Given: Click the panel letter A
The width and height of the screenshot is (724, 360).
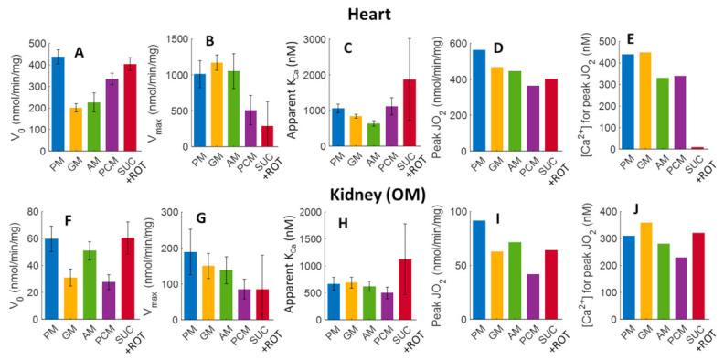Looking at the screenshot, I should point(79,53).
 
